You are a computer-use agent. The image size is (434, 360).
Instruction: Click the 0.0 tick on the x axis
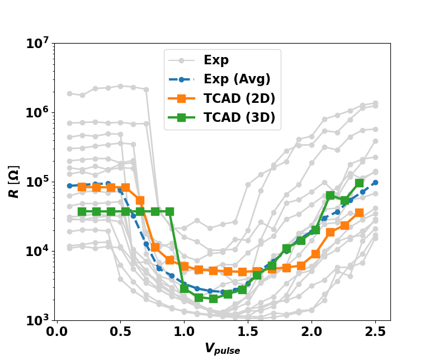click(x=56, y=331)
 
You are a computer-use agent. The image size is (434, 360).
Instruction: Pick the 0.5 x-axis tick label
click(x=120, y=331)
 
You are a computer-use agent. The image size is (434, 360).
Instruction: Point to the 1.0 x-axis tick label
click(x=184, y=331)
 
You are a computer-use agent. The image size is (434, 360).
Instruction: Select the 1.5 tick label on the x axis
click(x=248, y=331)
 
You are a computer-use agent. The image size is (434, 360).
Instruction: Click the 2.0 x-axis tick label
click(x=312, y=331)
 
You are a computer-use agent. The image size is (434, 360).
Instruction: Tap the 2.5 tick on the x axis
click(x=375, y=331)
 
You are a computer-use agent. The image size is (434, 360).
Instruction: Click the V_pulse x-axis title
click(x=222, y=349)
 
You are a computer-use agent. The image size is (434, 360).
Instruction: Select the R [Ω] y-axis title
click(x=15, y=181)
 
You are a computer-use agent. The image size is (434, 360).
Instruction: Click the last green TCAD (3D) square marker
click(x=359, y=183)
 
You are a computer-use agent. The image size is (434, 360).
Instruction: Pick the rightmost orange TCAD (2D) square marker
click(x=359, y=212)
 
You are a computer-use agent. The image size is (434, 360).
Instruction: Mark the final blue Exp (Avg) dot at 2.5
click(x=375, y=182)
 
